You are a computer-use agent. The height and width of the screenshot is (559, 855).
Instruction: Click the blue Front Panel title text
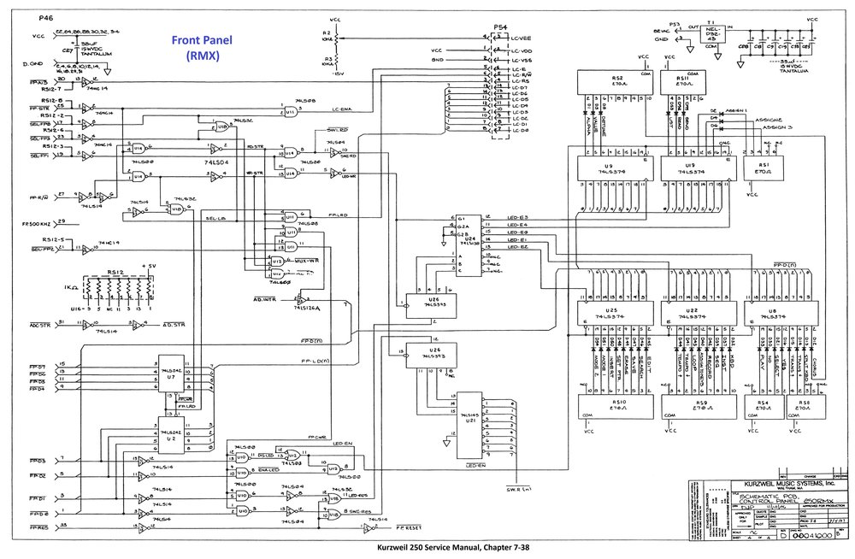(x=196, y=47)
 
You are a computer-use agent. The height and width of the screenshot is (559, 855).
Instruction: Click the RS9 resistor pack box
(x=701, y=405)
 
